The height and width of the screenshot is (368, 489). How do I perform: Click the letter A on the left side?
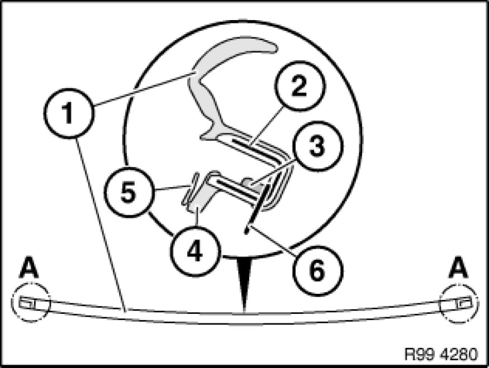click(29, 267)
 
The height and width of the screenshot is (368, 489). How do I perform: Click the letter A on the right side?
click(458, 267)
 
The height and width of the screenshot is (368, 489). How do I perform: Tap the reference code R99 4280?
click(441, 354)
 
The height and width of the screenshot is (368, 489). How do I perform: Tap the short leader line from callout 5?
click(171, 188)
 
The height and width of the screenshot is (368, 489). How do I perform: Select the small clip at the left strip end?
click(27, 303)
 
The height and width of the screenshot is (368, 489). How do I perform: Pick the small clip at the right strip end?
click(464, 303)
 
